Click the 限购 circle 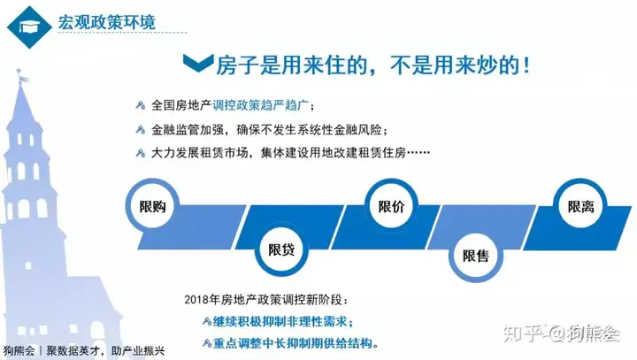tap(152, 207)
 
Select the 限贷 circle tap(281, 249)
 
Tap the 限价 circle tap(391, 206)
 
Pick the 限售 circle tap(476, 256)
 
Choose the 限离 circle tap(580, 206)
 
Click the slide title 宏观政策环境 tap(106, 22)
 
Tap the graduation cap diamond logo tap(29, 27)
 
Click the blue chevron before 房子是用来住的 tap(198, 63)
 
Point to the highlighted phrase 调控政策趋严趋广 tap(260, 105)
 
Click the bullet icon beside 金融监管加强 tap(140, 130)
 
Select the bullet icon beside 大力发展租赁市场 tap(140, 153)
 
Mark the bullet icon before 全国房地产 tap(140, 105)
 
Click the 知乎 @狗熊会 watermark tap(562, 333)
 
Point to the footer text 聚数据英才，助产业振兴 tap(105, 350)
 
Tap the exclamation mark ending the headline tap(527, 65)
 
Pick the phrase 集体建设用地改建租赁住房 tap(334, 153)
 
